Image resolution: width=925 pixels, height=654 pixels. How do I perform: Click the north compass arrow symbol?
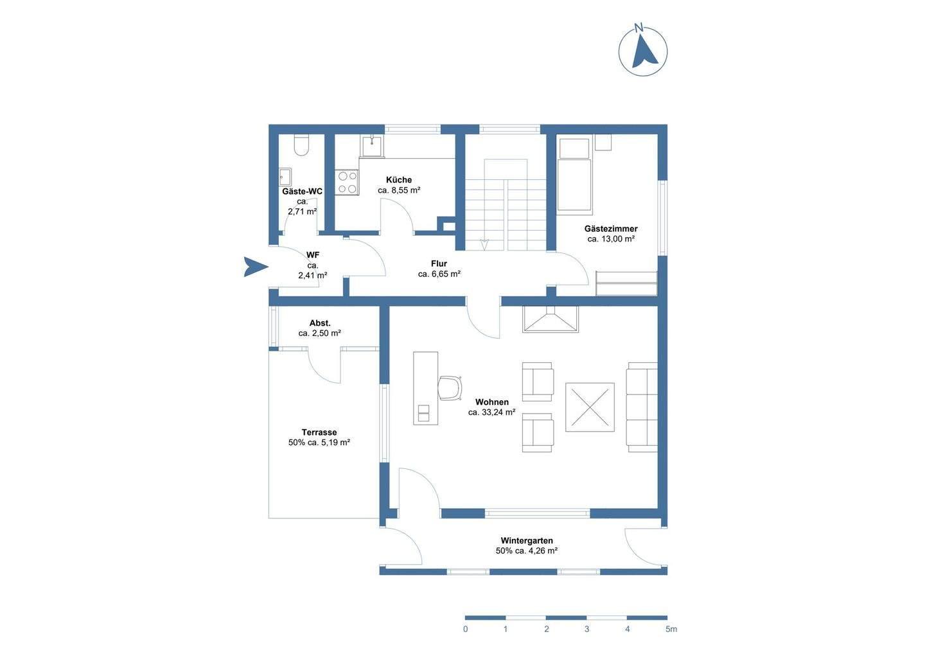[644, 53]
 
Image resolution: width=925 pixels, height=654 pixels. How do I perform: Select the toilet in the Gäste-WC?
[301, 145]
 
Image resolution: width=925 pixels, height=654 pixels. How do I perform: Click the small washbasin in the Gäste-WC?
[285, 177]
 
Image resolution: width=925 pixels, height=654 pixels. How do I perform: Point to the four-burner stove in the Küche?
[347, 182]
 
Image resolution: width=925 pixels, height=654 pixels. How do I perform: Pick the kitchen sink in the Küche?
[373, 146]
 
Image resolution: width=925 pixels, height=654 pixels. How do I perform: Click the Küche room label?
[399, 180]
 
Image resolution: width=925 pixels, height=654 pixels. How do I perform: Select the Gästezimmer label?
[611, 228]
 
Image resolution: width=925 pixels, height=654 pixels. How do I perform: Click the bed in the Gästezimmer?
[574, 174]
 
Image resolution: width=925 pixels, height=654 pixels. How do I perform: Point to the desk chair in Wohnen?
[449, 387]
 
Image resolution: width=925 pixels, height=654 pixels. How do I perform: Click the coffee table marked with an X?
[590, 407]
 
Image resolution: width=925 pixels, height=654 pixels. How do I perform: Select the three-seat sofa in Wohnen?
[642, 407]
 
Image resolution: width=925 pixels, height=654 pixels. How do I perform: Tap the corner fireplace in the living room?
[551, 319]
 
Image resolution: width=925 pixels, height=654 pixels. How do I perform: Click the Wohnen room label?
[492, 402]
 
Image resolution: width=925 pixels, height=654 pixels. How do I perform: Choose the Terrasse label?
[319, 432]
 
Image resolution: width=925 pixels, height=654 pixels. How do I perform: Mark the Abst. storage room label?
[320, 323]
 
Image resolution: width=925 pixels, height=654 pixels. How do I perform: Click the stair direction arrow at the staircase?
[484, 244]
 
